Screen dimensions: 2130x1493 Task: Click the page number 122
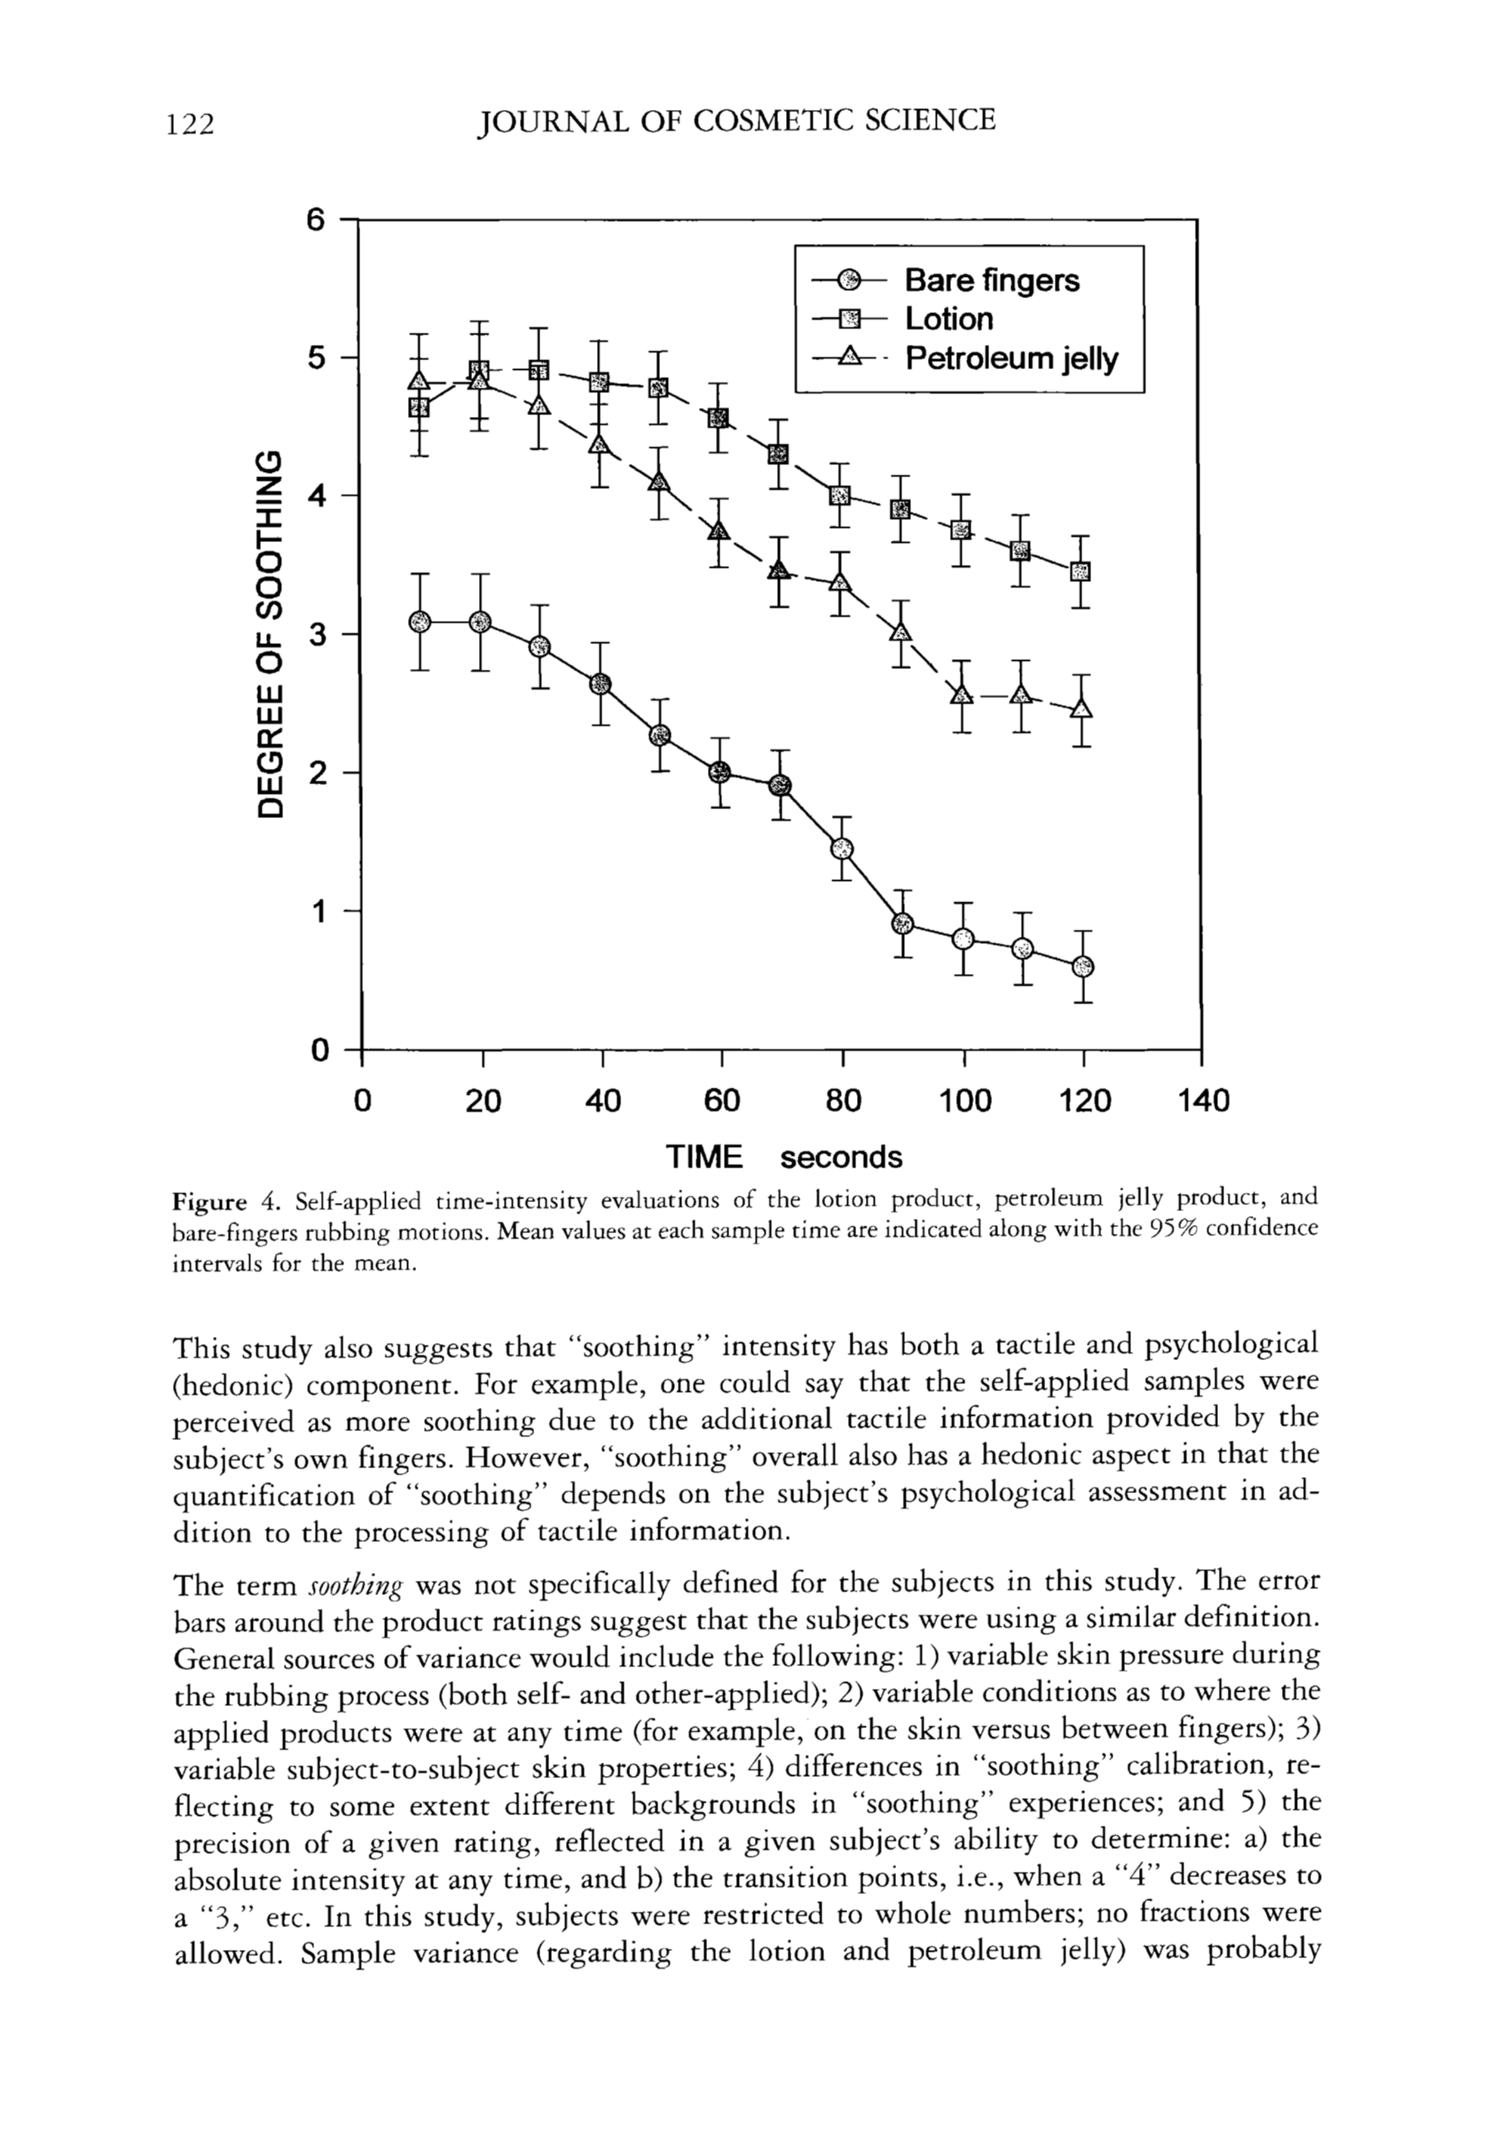coord(190,123)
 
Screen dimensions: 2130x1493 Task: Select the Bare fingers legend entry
coord(991,280)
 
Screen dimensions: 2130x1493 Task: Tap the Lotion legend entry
coord(948,319)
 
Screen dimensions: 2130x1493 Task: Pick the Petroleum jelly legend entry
coord(1010,359)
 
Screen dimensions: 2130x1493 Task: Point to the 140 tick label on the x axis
coord(1203,1101)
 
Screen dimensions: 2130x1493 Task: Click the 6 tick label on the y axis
coord(318,221)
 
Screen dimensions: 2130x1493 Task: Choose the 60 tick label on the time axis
coord(721,1101)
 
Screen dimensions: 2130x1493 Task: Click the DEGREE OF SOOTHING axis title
coord(269,635)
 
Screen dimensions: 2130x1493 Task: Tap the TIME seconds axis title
coord(784,1158)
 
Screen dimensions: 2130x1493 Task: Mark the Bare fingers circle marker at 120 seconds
coord(1083,968)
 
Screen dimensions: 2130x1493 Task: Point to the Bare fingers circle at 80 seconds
coord(842,848)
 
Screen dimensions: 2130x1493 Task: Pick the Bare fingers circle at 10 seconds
coord(420,621)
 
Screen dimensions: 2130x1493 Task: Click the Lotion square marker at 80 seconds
coord(840,495)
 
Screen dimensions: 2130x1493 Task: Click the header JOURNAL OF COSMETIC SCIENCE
coord(735,122)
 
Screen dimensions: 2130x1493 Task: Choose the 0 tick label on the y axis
coord(319,1050)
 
